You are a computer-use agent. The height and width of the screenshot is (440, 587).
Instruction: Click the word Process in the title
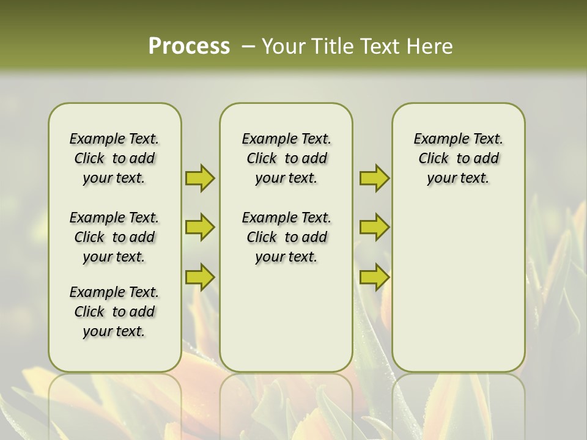(189, 46)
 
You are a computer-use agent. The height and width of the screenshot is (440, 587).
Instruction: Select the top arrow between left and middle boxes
(200, 178)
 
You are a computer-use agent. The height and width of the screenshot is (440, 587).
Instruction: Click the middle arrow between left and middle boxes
(200, 227)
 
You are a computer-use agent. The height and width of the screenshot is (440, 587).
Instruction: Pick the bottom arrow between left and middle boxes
(200, 277)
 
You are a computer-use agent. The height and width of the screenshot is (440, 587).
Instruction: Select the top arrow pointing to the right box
(374, 178)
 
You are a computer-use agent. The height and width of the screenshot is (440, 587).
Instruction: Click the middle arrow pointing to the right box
(374, 227)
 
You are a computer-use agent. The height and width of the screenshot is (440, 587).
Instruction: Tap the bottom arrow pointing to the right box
(374, 277)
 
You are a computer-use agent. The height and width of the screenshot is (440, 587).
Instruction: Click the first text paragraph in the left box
(114, 158)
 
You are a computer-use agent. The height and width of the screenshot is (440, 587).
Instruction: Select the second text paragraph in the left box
(114, 237)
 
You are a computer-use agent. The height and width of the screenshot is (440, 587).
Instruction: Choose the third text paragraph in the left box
(114, 312)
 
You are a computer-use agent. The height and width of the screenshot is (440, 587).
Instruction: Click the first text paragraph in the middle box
(286, 158)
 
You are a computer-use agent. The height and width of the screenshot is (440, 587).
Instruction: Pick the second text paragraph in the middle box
(286, 237)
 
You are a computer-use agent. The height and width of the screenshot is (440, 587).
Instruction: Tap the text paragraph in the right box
(458, 158)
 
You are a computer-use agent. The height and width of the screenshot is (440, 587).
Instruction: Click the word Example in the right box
(436, 139)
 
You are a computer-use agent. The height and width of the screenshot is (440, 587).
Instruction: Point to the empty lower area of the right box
(458, 287)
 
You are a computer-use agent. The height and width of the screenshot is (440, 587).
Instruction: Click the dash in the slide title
(248, 46)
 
